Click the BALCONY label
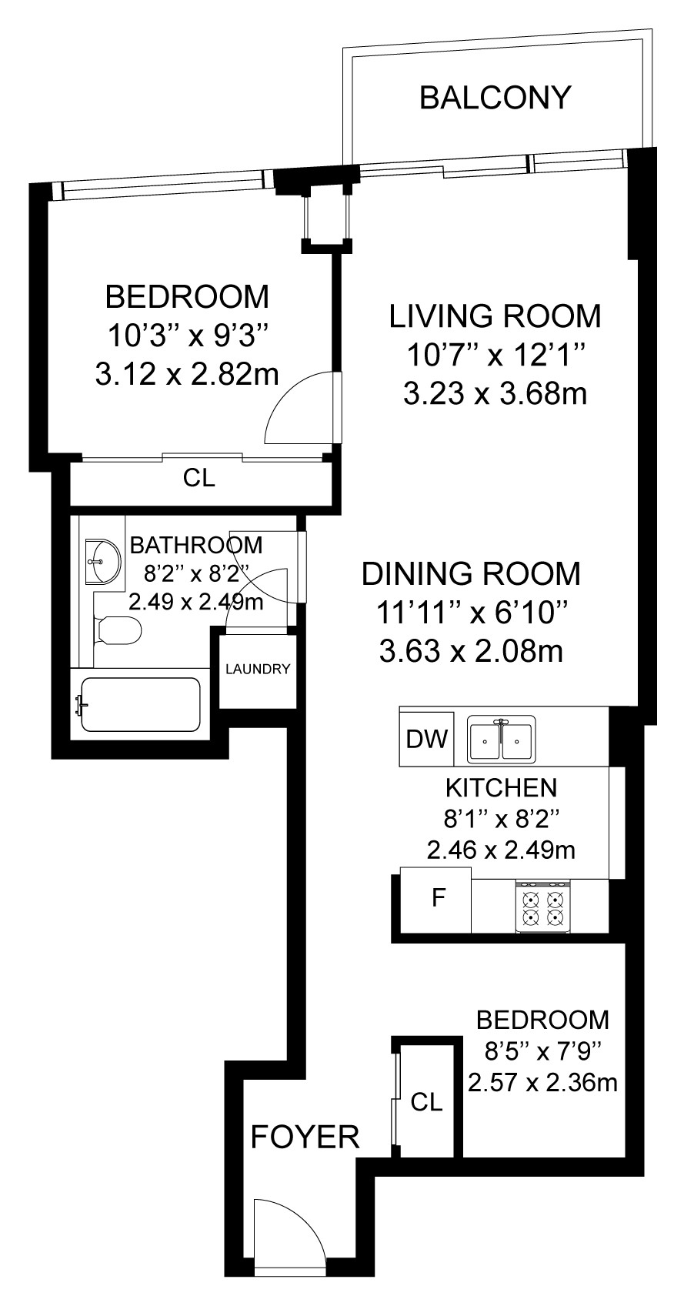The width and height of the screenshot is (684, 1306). (495, 98)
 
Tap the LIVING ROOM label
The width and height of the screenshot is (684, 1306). (495, 316)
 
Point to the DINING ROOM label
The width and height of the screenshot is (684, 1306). (471, 573)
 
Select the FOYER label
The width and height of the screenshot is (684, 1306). (305, 1137)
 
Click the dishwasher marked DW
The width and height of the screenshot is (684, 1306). (427, 739)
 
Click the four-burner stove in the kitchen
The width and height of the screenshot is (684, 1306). (542, 907)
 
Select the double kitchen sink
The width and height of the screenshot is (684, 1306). (501, 739)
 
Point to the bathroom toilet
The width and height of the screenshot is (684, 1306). (117, 630)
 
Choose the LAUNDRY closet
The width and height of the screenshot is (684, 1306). (258, 670)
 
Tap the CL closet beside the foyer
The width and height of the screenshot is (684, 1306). (425, 1101)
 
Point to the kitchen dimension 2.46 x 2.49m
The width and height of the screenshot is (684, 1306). (501, 850)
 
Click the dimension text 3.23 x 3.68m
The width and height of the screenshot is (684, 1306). (495, 394)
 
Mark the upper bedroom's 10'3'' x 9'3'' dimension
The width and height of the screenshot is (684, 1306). (187, 336)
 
